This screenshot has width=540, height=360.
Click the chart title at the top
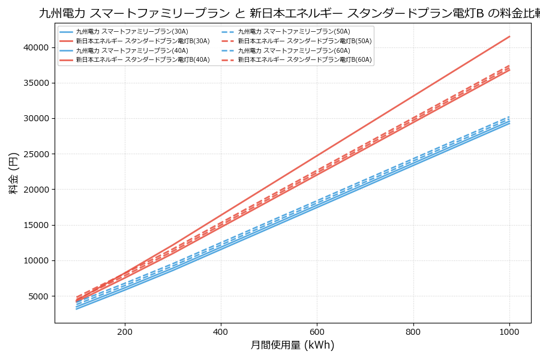[x=288, y=13]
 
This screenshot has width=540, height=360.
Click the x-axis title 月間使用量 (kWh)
[x=292, y=345]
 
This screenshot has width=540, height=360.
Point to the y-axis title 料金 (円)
[x=13, y=173]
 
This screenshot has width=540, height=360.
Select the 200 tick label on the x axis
[x=125, y=331]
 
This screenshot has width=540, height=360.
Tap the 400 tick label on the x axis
[x=221, y=331]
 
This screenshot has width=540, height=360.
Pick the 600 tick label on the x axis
[x=317, y=331]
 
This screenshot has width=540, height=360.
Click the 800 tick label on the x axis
[x=413, y=331]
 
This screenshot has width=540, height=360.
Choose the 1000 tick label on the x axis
[x=509, y=331]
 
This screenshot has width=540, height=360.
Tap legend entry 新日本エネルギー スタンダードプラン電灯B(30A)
[x=143, y=41]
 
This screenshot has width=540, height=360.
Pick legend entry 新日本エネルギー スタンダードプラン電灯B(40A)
[x=143, y=60]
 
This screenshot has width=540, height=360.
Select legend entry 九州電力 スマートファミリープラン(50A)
[x=294, y=31]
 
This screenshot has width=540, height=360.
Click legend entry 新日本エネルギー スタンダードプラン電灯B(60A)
[x=305, y=60]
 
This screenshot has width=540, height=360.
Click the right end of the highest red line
[x=509, y=37]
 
